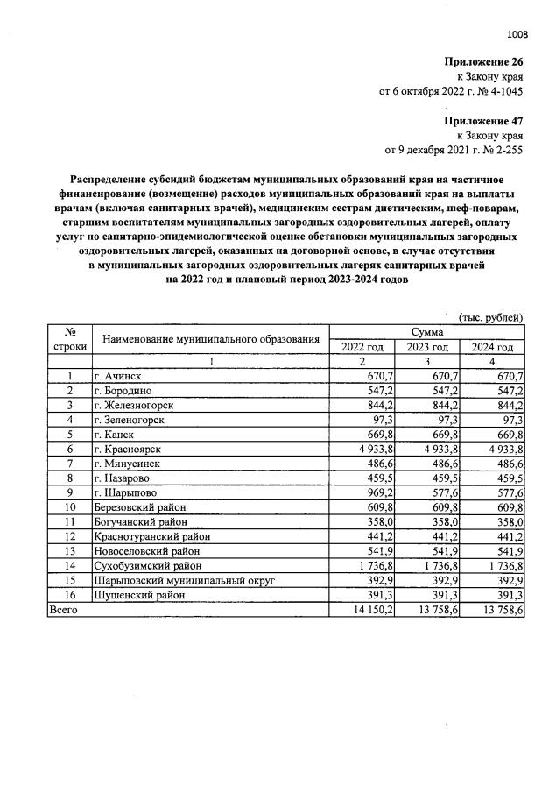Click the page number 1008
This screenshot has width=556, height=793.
[x=517, y=35]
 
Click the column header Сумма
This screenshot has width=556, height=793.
[x=426, y=332]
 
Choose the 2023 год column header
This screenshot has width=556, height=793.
[x=427, y=347]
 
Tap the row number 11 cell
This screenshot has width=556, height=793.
[x=68, y=521]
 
